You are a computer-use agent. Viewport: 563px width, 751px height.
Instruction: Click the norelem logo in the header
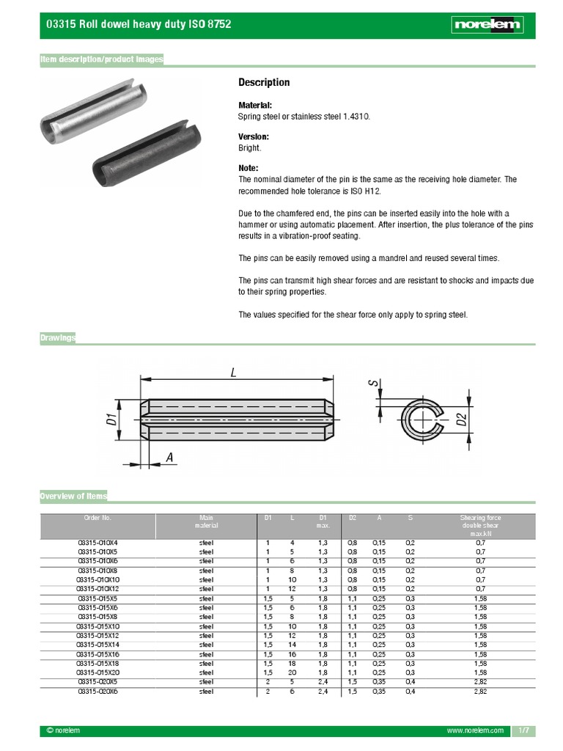pyautogui.click(x=487, y=24)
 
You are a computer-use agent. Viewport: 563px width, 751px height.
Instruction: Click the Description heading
pyautogui.click(x=264, y=82)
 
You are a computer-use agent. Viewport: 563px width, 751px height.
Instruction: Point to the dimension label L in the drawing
pyautogui.click(x=234, y=372)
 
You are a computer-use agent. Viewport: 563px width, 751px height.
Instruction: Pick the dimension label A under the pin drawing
pyautogui.click(x=169, y=458)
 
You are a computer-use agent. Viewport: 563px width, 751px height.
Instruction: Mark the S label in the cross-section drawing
pyautogui.click(x=373, y=383)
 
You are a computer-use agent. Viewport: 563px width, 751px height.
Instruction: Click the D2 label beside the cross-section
pyautogui.click(x=461, y=420)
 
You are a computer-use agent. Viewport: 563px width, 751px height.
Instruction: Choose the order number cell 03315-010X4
pyautogui.click(x=97, y=543)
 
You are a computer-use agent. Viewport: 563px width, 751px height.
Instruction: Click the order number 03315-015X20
pyautogui.click(x=97, y=673)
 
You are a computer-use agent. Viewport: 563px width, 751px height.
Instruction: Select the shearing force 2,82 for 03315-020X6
pyautogui.click(x=480, y=691)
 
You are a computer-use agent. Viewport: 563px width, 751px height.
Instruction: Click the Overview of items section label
pyautogui.click(x=73, y=497)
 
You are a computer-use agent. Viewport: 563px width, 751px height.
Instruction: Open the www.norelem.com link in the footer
pyautogui.click(x=475, y=731)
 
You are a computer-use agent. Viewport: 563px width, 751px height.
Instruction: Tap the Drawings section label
pyautogui.click(x=58, y=337)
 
